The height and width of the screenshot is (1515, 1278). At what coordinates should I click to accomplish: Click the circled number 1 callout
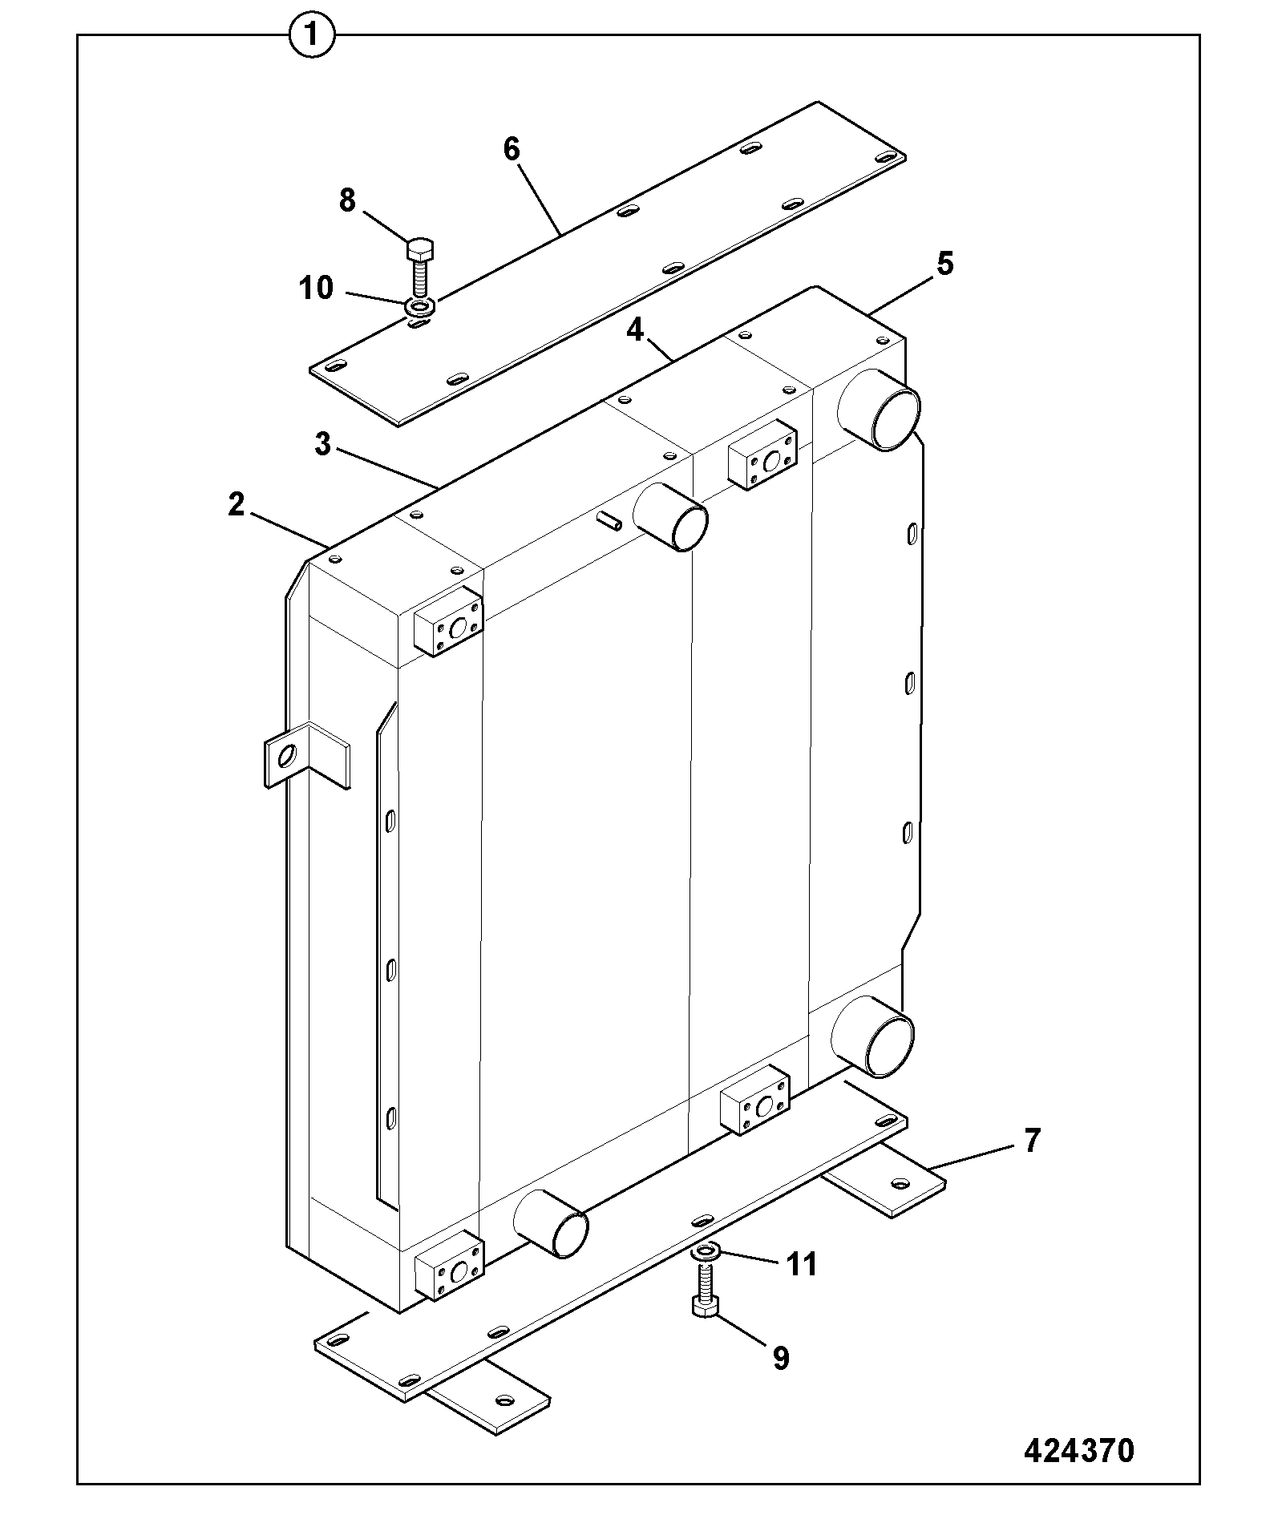[311, 37]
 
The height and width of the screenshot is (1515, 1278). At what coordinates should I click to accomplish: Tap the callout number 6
[512, 150]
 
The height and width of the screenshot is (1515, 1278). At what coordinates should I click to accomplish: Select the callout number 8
[346, 200]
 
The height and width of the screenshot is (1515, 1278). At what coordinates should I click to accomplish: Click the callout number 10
[316, 288]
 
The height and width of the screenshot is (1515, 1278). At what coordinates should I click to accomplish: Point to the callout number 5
[946, 264]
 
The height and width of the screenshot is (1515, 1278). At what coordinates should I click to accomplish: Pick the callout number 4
[635, 330]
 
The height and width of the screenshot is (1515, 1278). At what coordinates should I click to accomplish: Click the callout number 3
[322, 444]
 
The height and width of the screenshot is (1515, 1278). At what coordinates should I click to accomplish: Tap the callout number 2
[236, 505]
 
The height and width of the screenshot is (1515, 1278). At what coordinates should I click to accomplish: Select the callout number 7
[1031, 1140]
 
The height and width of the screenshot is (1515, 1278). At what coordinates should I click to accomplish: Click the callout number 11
[801, 1264]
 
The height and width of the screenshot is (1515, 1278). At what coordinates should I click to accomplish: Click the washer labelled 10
[420, 305]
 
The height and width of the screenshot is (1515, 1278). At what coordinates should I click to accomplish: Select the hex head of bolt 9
[705, 1307]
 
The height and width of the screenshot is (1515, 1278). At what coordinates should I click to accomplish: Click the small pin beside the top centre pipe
[609, 520]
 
